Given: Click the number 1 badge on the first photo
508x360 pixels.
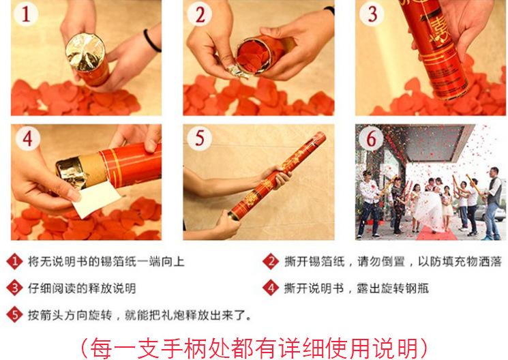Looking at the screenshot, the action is (26, 14).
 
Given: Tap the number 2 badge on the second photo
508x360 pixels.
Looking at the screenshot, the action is (200, 14).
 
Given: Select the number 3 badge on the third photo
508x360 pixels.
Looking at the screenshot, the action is (372, 14).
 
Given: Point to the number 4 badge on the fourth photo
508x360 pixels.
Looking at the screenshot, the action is (28, 138).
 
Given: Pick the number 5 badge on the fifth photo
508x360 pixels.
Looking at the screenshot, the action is (200, 138).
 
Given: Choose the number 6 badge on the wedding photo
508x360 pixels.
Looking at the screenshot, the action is (371, 139).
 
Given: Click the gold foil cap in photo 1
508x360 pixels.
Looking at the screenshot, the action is (85, 52).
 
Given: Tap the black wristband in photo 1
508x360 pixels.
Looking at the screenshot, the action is (151, 41).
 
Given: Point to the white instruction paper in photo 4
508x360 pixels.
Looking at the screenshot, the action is (97, 199).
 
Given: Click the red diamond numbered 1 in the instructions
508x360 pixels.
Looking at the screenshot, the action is (14, 262).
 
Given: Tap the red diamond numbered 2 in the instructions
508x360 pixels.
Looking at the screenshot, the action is (271, 262).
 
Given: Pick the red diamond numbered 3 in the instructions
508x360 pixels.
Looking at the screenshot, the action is (14, 288).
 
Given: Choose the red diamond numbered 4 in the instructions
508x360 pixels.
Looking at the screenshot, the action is (271, 288).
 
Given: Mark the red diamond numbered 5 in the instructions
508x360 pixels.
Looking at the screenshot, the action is (14, 314).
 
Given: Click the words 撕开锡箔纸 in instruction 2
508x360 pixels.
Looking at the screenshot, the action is (314, 262).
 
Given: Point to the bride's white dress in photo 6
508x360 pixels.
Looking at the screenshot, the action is (428, 211).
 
